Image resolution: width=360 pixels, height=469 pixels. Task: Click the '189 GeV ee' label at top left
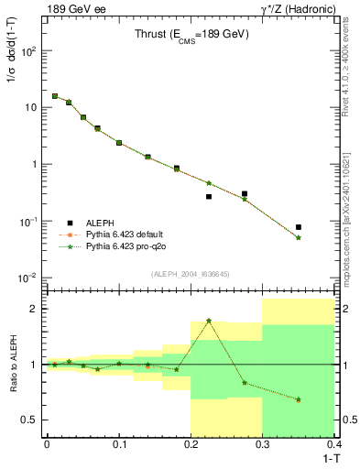(74, 8)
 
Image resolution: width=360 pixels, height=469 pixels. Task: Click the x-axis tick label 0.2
(190, 443)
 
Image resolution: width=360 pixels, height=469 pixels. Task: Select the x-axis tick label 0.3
(262, 443)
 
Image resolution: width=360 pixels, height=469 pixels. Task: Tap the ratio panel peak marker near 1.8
(209, 321)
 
